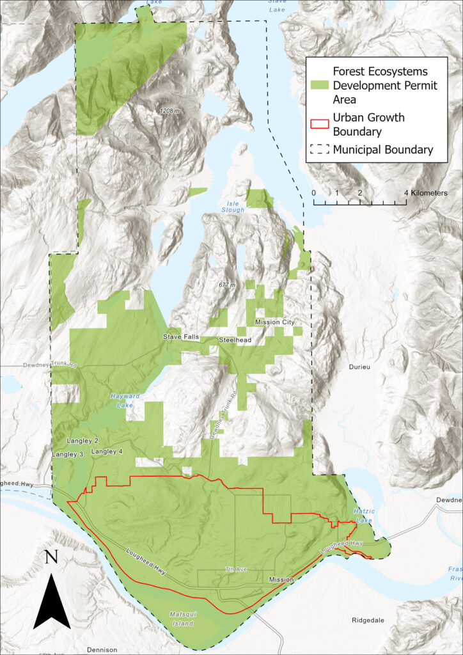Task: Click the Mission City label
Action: point(275,322)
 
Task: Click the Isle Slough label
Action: point(233,206)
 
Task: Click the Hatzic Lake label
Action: point(363,516)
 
